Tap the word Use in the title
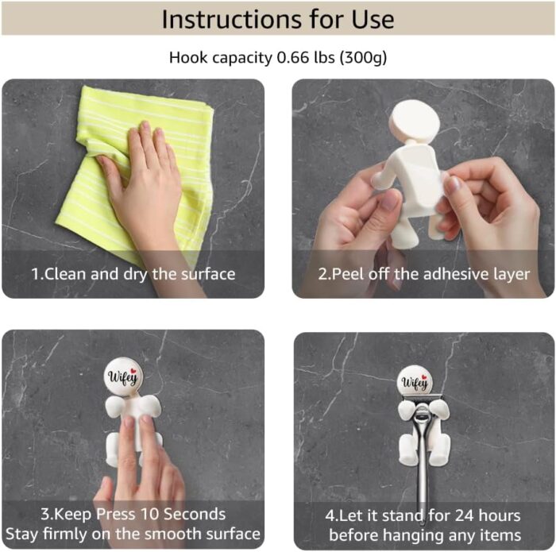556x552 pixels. pyautogui.click(x=373, y=19)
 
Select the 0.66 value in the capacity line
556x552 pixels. pyautogui.click(x=293, y=57)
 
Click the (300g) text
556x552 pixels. pyautogui.click(x=363, y=58)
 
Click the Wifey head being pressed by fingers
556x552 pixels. pyautogui.click(x=123, y=376)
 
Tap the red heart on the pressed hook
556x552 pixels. pyautogui.click(x=133, y=371)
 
